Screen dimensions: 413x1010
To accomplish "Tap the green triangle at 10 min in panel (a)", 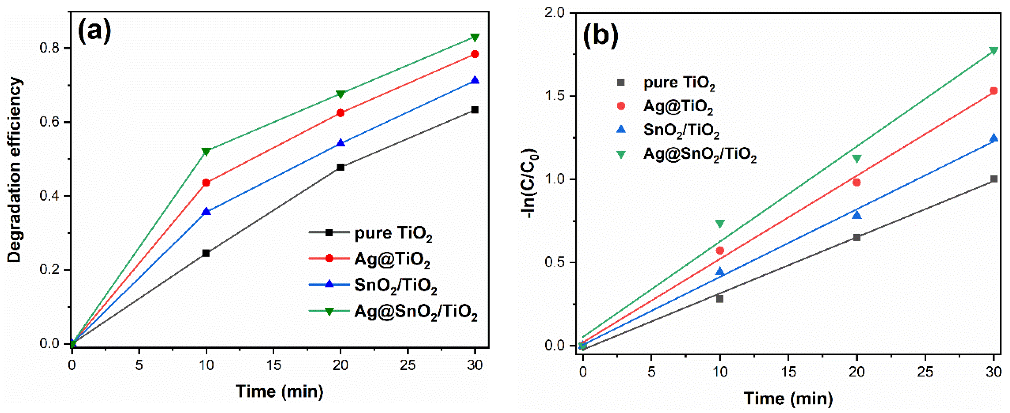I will click(206, 151).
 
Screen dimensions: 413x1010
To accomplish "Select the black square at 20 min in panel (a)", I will click(341, 167).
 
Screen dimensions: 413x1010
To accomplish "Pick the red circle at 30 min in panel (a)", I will click(475, 54).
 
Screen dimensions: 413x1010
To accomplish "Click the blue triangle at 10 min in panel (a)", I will click(206, 212).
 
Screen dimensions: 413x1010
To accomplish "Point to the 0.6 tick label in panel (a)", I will click(49, 122).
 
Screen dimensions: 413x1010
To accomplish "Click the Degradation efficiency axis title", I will click(15, 170).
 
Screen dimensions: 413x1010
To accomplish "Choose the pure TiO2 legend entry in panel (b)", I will click(679, 83).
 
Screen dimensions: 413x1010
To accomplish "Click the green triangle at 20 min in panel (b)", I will click(857, 159).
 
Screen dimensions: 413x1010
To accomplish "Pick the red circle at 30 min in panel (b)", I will click(993, 91).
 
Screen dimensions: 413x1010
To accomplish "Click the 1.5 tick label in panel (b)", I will click(556, 96).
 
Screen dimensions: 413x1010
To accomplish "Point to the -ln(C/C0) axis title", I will click(529, 183).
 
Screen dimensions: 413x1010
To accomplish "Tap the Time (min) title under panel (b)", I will click(788, 398).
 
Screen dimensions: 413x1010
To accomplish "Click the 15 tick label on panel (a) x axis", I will click(273, 365).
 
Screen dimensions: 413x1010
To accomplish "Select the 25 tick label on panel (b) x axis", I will click(925, 371).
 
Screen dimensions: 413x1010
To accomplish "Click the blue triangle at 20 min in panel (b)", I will click(857, 215).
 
